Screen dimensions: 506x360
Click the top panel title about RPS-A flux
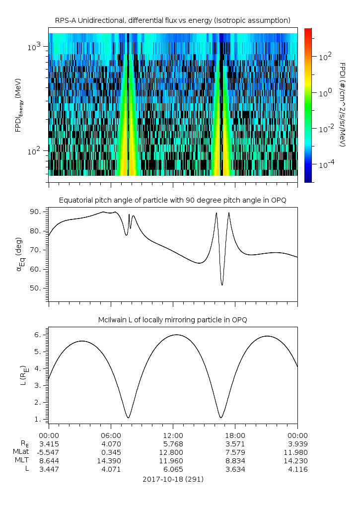[172, 20]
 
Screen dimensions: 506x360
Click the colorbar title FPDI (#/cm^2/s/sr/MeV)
[342, 105]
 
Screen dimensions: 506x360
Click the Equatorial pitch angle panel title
[172, 200]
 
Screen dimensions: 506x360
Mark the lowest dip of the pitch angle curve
[222, 285]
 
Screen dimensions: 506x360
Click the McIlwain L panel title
[172, 320]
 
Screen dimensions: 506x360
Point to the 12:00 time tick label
[173, 434]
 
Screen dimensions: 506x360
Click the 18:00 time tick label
[235, 434]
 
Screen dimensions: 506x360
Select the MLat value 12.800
[173, 452]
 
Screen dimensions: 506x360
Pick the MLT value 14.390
[110, 461]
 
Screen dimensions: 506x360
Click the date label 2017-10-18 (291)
[172, 479]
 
